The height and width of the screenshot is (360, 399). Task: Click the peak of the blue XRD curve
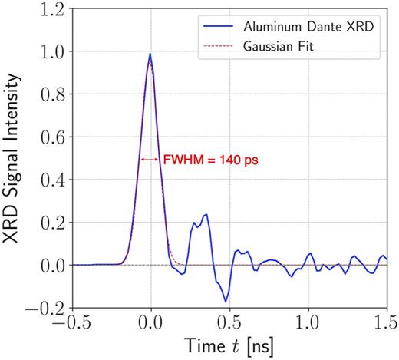point(150,54)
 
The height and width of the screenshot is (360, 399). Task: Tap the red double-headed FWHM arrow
point(149,160)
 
